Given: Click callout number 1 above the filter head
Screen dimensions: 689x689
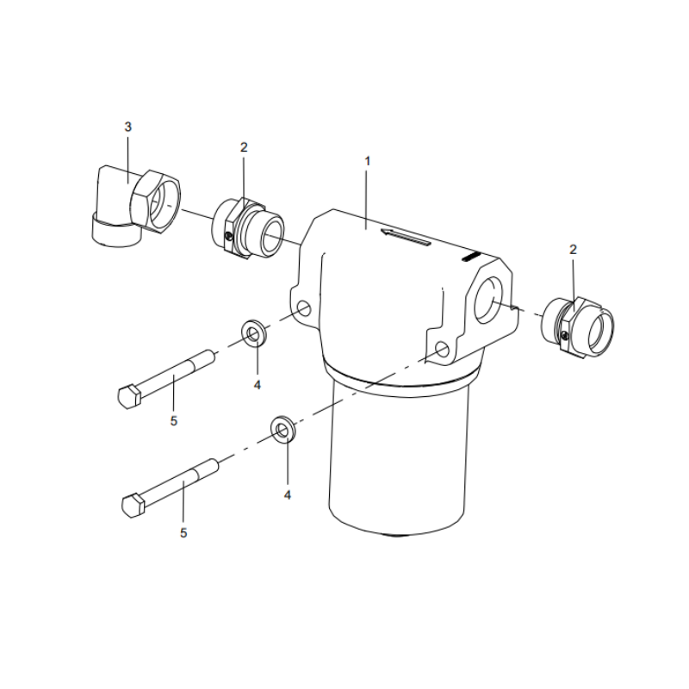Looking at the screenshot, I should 367,160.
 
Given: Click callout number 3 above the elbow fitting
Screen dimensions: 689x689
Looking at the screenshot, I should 128,127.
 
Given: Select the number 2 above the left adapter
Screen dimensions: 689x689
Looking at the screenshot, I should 244,147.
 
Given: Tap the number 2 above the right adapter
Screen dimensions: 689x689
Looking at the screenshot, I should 574,249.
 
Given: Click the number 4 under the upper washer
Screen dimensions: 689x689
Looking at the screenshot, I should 257,384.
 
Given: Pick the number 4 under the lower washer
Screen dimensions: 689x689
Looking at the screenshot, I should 288,495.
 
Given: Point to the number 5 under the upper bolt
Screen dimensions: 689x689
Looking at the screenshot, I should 173,421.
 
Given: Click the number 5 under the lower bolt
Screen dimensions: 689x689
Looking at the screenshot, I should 183,533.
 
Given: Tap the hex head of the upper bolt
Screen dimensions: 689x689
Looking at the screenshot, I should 128,395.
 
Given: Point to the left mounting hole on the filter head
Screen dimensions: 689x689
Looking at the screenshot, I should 303,307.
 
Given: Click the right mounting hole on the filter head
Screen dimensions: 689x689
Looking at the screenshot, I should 443,350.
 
